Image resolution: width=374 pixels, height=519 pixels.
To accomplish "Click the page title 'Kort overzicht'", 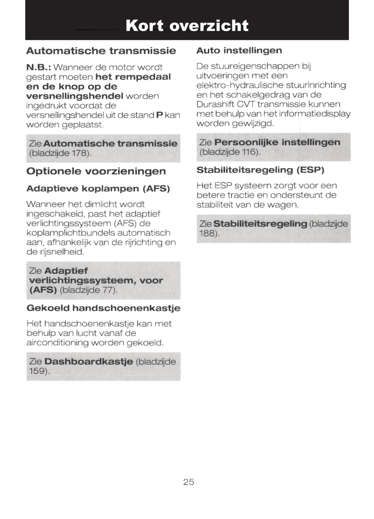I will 187,26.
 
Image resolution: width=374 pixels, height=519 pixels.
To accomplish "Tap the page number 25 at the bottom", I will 188,482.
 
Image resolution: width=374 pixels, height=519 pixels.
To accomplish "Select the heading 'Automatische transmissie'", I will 101,51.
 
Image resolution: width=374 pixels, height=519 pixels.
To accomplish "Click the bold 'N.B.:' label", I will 38,67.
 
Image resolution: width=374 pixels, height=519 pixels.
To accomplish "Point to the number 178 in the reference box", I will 79,153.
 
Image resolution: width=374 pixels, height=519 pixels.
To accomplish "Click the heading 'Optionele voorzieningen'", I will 96,171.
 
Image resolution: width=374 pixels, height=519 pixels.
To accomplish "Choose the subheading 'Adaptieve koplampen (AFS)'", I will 98,189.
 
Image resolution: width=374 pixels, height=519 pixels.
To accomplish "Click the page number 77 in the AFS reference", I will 109,290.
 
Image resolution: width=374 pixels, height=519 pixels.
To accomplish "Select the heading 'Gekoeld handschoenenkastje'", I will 103,308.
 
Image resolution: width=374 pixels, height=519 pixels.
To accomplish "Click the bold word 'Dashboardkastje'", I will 88,362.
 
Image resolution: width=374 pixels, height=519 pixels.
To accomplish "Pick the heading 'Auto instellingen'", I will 239,51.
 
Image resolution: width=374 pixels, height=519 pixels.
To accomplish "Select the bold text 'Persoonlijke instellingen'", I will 277,142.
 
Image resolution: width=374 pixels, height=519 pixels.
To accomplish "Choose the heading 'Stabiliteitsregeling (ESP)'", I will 260,170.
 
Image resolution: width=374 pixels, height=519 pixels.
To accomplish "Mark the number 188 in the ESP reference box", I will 208,234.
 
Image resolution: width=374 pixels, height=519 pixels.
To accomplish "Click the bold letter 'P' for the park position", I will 159,115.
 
